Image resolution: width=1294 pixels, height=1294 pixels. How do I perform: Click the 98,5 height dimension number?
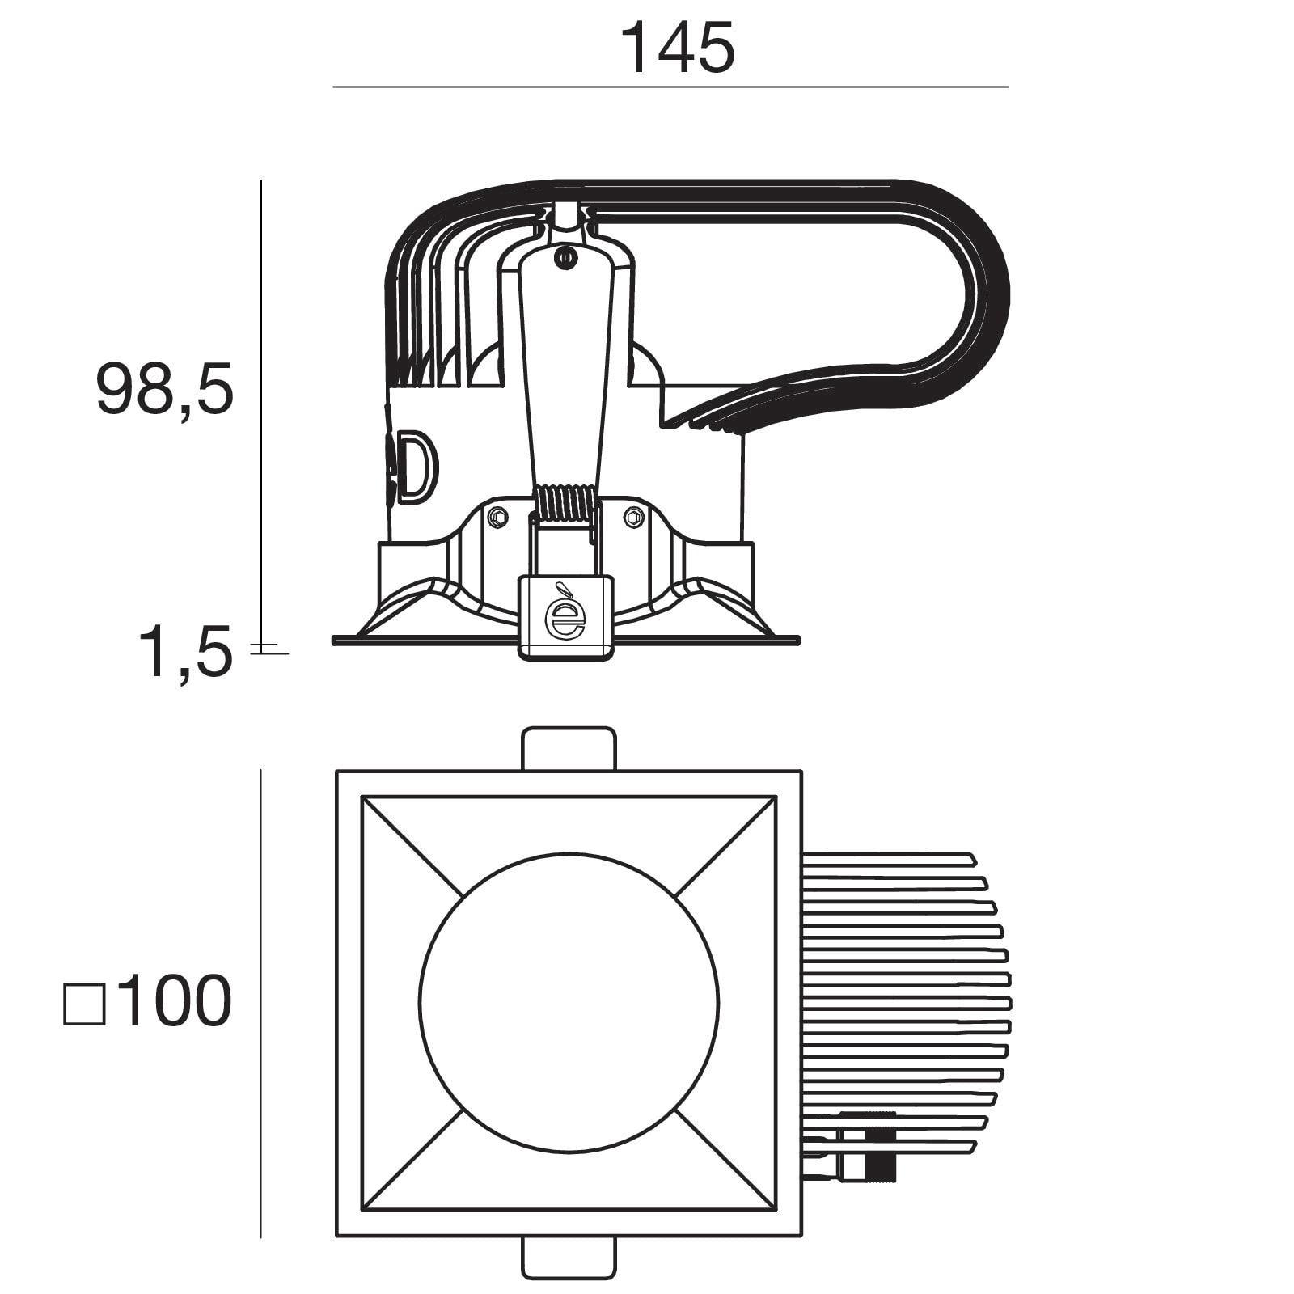click(165, 389)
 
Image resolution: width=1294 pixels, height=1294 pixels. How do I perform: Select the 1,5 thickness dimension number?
click(186, 653)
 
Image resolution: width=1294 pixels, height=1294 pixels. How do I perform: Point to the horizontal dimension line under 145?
click(670, 87)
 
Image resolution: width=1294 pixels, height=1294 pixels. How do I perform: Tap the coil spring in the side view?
click(567, 503)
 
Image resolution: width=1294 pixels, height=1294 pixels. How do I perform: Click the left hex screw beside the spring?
click(498, 516)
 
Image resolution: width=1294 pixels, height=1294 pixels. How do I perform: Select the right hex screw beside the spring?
click(634, 516)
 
